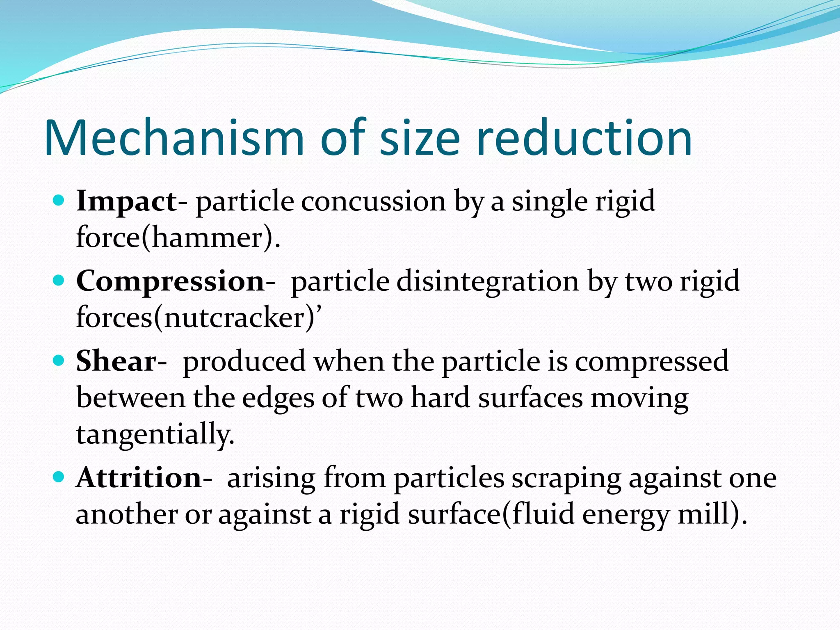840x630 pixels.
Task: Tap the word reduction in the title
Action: click(584, 138)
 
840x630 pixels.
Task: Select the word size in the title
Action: click(420, 138)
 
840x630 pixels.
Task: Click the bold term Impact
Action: click(126, 201)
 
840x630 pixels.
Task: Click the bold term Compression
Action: click(170, 281)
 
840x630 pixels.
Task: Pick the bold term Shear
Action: click(116, 361)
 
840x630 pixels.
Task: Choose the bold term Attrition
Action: click(138, 478)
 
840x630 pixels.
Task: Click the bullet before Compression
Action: click(59, 281)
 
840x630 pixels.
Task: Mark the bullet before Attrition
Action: click(59, 477)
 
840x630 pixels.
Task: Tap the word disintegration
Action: click(488, 282)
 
